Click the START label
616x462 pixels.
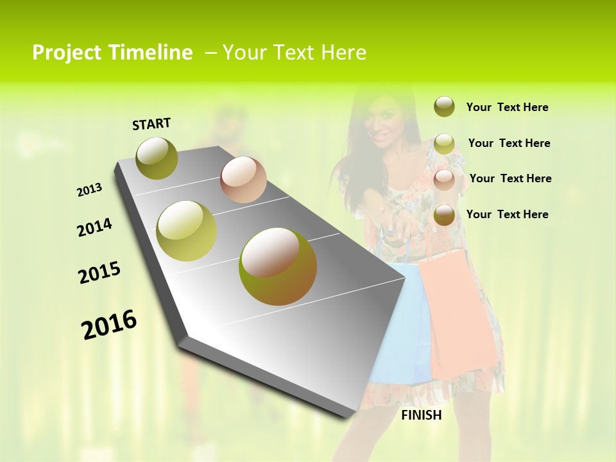click(x=151, y=124)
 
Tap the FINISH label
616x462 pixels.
click(x=421, y=415)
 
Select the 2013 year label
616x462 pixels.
click(x=90, y=189)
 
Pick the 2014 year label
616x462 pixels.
click(x=94, y=227)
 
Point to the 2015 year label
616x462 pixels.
click(x=99, y=273)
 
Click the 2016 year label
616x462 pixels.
click(x=109, y=324)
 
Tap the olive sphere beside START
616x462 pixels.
click(x=157, y=158)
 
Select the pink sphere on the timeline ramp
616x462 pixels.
click(x=243, y=180)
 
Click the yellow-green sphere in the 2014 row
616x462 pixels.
click(x=187, y=230)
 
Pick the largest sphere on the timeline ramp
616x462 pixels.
click(x=278, y=266)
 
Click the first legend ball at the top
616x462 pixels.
click(x=444, y=107)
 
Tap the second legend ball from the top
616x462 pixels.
click(x=444, y=144)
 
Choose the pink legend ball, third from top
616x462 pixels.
click(x=444, y=179)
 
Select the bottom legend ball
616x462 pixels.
click(x=444, y=215)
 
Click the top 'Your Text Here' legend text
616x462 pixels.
click(x=507, y=108)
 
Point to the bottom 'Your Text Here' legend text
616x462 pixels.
click(x=507, y=214)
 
